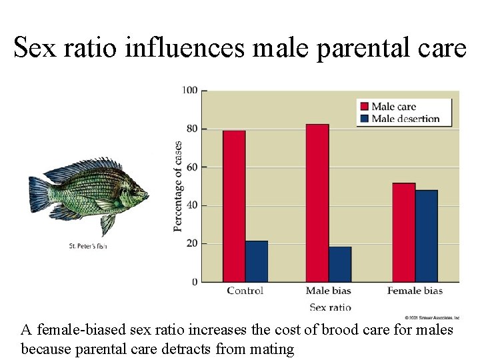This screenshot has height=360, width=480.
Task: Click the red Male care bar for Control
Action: click(234, 206)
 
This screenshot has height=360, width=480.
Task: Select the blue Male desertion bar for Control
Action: click(256, 261)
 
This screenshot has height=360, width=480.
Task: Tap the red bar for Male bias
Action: click(317, 203)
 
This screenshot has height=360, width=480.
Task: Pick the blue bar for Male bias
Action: click(340, 264)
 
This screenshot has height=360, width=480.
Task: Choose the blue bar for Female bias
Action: click(427, 236)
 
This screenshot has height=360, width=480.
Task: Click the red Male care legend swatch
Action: click(363, 106)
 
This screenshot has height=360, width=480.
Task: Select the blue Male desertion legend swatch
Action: click(363, 119)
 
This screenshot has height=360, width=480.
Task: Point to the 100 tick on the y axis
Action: click(190, 90)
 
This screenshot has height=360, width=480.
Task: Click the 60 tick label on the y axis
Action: click(192, 167)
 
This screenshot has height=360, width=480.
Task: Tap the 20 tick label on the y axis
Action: click(192, 244)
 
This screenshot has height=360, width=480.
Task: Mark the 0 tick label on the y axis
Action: click(195, 283)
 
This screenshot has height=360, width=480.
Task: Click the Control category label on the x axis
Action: click(245, 291)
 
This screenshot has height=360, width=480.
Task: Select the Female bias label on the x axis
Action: click(415, 291)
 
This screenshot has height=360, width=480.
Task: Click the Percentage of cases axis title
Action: click(178, 186)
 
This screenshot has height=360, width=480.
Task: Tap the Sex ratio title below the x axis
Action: click(330, 307)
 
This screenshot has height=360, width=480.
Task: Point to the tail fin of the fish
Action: click(39, 194)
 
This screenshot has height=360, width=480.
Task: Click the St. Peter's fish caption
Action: click(88, 246)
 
